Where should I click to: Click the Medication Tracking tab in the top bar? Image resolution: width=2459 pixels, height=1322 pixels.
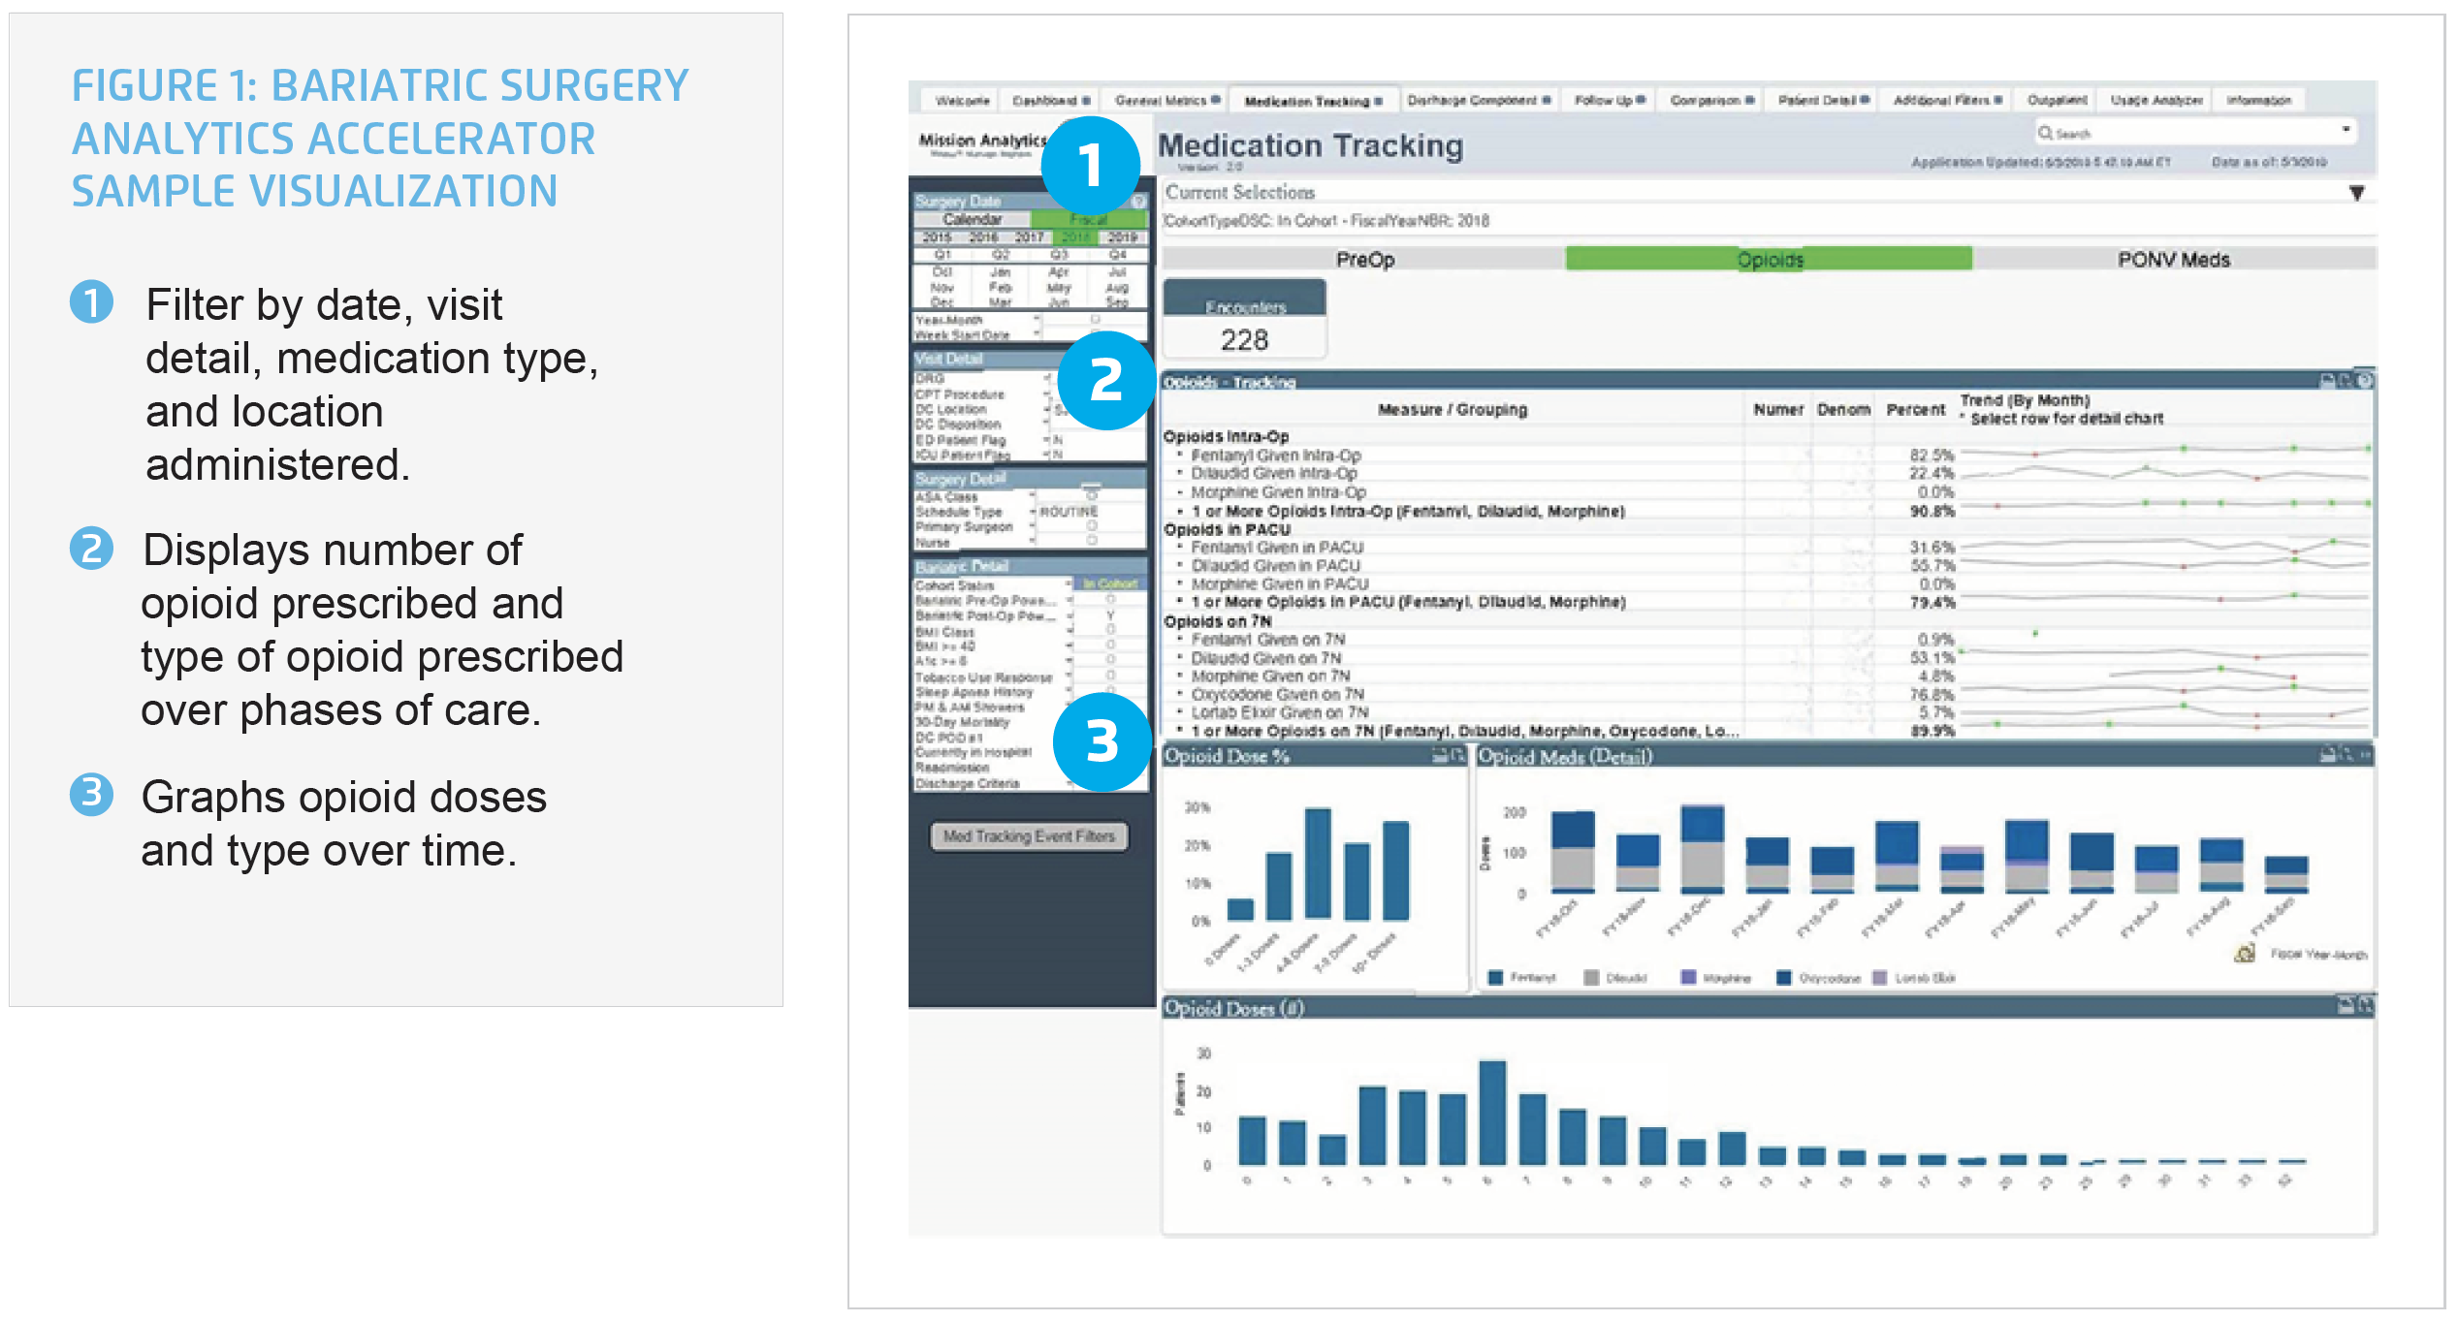pyautogui.click(x=1312, y=101)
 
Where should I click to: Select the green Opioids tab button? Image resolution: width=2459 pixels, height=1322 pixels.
pyautogui.click(x=1769, y=259)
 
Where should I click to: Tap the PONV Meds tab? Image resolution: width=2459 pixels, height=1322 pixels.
pyautogui.click(x=2173, y=259)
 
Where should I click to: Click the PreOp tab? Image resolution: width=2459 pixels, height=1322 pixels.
pyautogui.click(x=1364, y=259)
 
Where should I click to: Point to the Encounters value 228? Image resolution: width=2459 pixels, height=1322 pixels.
pyautogui.click(x=1244, y=339)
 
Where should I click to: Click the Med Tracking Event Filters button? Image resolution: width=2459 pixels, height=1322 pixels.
pyautogui.click(x=1029, y=835)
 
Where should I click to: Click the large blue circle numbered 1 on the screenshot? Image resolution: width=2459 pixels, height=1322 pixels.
pyautogui.click(x=1090, y=166)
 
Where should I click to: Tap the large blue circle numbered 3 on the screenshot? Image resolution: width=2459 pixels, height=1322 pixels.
pyautogui.click(x=1102, y=741)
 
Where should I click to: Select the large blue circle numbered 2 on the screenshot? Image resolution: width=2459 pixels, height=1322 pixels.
pyautogui.click(x=1106, y=380)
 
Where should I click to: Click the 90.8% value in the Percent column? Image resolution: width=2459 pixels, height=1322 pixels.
pyautogui.click(x=1932, y=511)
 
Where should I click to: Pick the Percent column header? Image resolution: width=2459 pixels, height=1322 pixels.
pyautogui.click(x=1915, y=410)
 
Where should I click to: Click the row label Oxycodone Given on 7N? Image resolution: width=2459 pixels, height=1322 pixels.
pyautogui.click(x=1277, y=694)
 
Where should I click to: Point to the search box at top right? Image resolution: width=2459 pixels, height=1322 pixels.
pyautogui.click(x=2191, y=133)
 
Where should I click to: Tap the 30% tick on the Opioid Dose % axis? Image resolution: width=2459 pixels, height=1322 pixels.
pyautogui.click(x=1198, y=807)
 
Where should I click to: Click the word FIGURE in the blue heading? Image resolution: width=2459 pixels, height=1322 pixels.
pyautogui.click(x=144, y=86)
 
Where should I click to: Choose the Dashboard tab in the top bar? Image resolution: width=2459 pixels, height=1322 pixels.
pyautogui.click(x=1049, y=101)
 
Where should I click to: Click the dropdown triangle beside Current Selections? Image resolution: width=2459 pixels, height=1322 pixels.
pyautogui.click(x=2356, y=193)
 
